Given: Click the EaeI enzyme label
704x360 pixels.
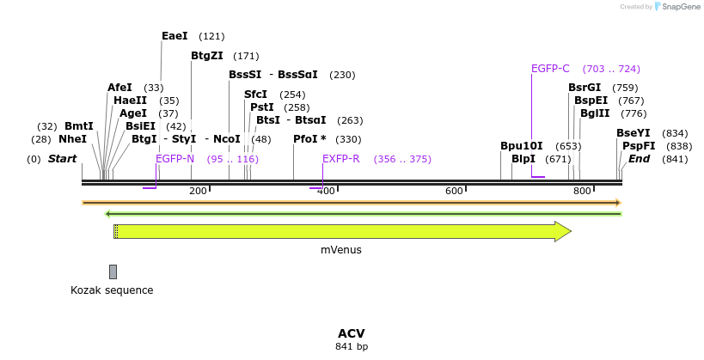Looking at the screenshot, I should pos(174,36).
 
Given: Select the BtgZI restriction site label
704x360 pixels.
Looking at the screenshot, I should pos(206,57).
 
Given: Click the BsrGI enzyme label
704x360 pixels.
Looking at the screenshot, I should pos(585,88).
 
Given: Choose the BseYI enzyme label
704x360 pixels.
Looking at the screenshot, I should pos(634,133).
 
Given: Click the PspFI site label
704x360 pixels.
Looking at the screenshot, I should pos(639,146).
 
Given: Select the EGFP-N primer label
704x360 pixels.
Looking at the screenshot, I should pos(175,159).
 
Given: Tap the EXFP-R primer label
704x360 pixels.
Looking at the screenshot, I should pos(341,159).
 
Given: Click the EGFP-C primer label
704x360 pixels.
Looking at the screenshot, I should pos(550,69).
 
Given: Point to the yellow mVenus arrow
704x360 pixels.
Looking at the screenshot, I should pos(344,231).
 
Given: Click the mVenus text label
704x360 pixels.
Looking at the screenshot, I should pos(341,250).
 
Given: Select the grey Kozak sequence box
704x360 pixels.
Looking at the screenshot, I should pos(113,272).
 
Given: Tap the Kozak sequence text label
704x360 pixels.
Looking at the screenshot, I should pos(112,290).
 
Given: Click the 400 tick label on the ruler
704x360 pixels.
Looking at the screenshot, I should pos(326,191).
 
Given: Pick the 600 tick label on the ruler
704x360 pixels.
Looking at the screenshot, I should pos(454,191).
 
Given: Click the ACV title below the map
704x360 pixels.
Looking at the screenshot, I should pos(352,333).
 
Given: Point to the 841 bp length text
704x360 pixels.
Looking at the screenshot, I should pos(352,347).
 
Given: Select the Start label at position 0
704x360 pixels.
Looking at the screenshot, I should pos(62,159).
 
